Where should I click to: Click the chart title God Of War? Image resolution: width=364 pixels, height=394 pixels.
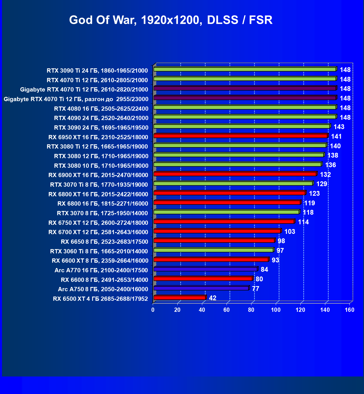tap(171, 20)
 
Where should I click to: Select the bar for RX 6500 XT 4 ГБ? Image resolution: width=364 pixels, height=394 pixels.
tap(180, 298)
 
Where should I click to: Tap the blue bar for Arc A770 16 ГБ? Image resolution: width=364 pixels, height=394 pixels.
tap(205, 269)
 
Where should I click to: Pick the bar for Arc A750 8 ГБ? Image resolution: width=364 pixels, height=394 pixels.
tap(201, 288)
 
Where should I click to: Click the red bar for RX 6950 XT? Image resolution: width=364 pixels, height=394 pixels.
tap(240, 136)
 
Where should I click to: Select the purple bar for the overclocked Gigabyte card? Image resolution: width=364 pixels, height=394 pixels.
tap(245, 98)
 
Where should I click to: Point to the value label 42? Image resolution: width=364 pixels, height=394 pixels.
tap(213, 298)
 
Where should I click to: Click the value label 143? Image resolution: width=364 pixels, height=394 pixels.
tap(339, 127)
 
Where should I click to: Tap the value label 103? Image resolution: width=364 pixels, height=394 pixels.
tap(290, 232)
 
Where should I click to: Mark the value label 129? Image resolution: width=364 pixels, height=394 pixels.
tap(322, 184)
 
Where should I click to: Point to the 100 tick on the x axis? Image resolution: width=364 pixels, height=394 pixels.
tap(276, 310)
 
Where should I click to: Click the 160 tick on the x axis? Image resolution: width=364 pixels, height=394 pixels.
tap(350, 310)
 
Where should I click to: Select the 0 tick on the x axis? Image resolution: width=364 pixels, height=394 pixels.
tap(153, 310)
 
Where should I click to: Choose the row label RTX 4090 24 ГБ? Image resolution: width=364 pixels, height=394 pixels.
tap(101, 118)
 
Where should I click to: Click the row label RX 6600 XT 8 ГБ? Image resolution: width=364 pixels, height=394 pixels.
tap(100, 261)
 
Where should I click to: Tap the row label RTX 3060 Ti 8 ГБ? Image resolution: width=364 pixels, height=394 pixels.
tap(99, 251)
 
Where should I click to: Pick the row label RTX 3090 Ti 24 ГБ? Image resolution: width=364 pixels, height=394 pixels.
tap(97, 71)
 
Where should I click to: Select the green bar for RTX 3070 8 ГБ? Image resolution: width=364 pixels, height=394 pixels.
tap(226, 212)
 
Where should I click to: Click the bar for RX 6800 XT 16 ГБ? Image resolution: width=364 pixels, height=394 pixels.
tap(229, 193)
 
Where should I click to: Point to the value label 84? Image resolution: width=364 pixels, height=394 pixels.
tap(264, 269)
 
